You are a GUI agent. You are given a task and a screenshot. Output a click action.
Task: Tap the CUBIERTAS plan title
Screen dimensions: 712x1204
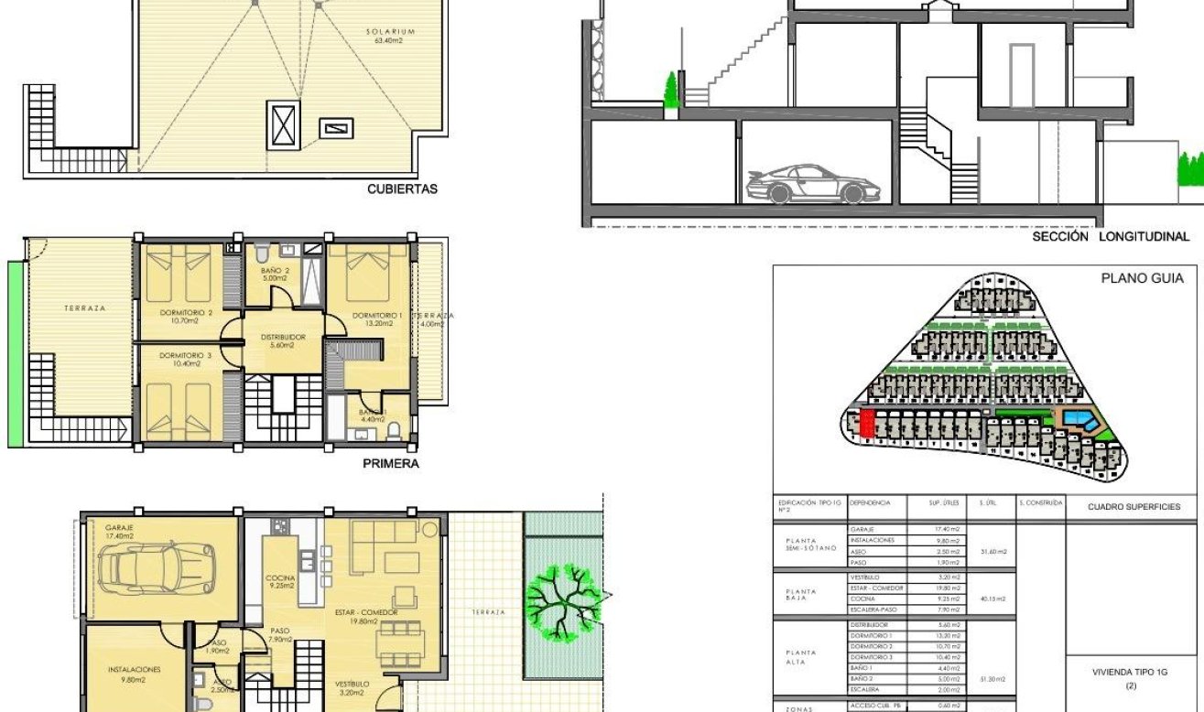click(402, 190)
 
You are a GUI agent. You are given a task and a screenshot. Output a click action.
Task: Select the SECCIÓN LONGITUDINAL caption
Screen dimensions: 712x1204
click(1111, 236)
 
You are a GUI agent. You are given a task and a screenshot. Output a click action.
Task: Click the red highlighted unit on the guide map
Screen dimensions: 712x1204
click(867, 424)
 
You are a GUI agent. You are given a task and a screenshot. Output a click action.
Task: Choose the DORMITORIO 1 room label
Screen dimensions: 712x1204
click(373, 317)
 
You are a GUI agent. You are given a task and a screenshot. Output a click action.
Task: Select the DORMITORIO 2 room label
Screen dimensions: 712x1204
click(185, 317)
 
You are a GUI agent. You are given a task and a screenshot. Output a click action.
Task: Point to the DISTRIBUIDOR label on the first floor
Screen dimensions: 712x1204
click(282, 338)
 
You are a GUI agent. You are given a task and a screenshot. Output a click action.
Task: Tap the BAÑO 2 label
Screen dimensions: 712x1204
click(274, 271)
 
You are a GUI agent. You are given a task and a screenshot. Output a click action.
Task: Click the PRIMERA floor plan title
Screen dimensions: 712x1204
click(391, 464)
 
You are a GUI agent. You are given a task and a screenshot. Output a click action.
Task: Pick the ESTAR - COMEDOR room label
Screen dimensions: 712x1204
click(362, 616)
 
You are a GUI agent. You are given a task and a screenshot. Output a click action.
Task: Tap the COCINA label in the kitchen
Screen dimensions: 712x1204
click(279, 578)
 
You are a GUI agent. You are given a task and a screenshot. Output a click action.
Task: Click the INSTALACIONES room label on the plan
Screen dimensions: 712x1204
click(135, 670)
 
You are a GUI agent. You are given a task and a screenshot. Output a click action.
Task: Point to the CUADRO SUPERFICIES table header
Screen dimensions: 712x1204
click(1133, 506)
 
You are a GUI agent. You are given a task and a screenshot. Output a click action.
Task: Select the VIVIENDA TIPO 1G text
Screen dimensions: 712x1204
click(1130, 671)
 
